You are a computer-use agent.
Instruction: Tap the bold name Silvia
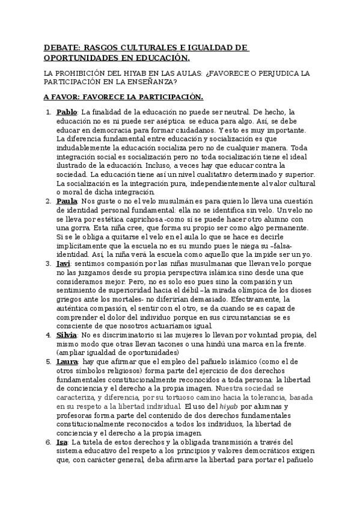tap(67, 334)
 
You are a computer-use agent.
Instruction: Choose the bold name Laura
tap(67, 362)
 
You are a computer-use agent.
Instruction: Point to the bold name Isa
tap(62, 441)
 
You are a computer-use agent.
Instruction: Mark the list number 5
tap(48, 362)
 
